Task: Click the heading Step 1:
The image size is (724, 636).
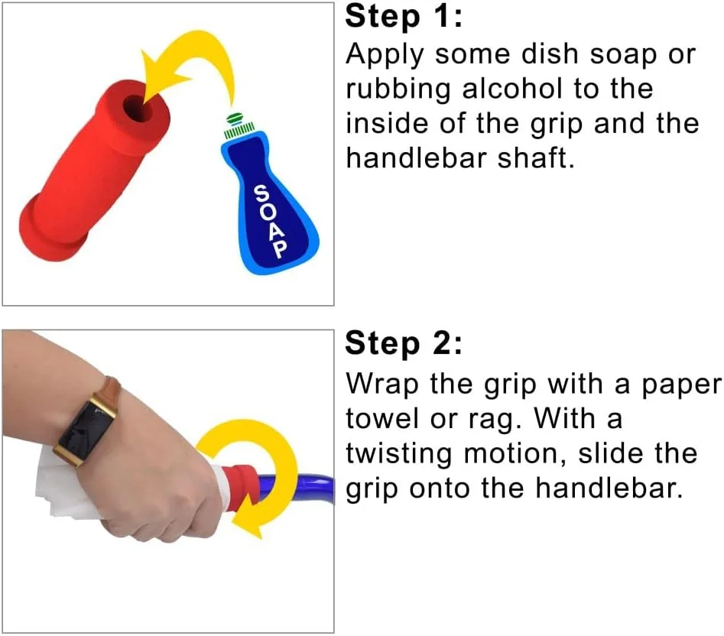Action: click(x=403, y=17)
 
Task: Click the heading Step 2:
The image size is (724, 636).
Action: click(x=403, y=344)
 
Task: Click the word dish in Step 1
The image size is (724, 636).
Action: click(x=550, y=54)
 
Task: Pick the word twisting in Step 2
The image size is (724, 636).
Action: click(x=398, y=455)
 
